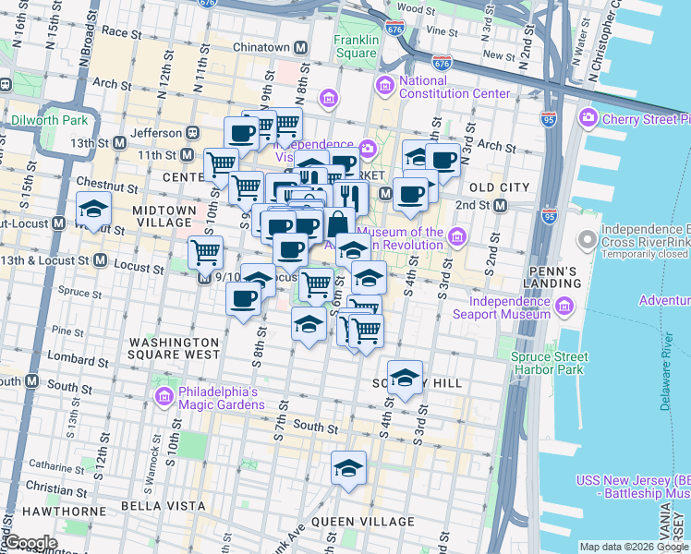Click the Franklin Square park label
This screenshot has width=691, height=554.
click(357, 46)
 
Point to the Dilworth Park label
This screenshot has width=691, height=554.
click(49, 121)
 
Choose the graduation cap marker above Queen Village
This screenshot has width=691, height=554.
click(348, 468)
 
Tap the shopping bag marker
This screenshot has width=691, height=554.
click(338, 223)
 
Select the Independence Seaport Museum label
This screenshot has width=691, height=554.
click(510, 307)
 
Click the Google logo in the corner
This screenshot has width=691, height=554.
click(30, 544)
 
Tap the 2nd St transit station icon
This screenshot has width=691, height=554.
click(500, 205)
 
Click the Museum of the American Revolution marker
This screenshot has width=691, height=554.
click(456, 239)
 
